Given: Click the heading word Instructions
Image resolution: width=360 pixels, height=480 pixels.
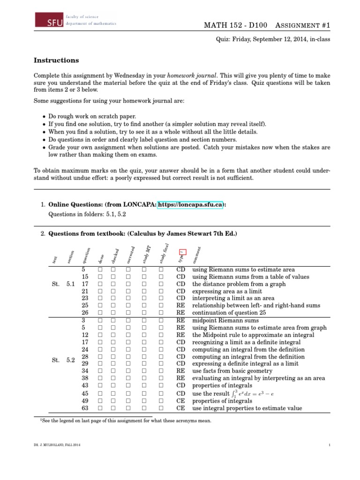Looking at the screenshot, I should [56, 60].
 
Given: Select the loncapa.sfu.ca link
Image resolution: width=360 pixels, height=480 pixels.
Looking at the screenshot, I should [189, 205].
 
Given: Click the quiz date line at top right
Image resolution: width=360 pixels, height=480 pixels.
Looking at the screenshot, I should [272, 40].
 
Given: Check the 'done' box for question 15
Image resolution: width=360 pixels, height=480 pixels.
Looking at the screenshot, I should [100, 277].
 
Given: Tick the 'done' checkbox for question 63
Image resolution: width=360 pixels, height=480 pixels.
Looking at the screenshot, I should [100, 408].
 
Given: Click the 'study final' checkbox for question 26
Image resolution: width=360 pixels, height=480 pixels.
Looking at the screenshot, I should [161, 313].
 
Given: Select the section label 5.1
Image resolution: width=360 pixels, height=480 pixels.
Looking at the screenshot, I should [71, 284].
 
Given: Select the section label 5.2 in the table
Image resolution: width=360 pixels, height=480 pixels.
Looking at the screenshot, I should [71, 360].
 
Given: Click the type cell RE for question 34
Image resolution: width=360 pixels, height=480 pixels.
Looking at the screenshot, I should [180, 371].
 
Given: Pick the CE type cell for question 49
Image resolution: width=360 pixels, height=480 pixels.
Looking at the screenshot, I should [180, 401].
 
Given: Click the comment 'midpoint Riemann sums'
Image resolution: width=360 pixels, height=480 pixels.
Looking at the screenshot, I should [225, 321].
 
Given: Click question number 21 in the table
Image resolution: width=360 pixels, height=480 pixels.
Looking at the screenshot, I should [85, 291].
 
